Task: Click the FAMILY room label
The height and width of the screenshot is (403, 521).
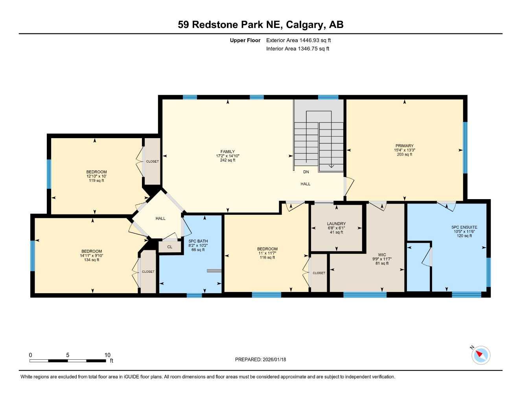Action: coord(227,152)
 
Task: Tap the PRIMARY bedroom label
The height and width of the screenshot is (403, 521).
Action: coord(404,146)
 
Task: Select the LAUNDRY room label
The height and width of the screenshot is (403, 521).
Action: coord(336,224)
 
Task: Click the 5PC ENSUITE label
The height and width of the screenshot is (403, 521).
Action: coord(464,227)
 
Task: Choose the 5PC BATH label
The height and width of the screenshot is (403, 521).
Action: coord(198,241)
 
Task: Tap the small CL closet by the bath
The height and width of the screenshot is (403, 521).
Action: coord(170,247)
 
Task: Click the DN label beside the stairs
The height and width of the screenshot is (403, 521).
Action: coord(306,172)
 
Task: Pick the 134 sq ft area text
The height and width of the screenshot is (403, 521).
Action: coord(92,260)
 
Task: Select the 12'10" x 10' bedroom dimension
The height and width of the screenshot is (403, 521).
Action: coord(96,176)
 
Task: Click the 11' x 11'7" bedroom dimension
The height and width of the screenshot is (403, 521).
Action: coord(267,253)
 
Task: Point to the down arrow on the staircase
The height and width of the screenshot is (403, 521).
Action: coord(331,166)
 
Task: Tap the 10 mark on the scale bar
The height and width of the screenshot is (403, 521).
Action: coord(107,355)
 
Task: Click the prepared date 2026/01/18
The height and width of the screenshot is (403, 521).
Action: coord(274,359)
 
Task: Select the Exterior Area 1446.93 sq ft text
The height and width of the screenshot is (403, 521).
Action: coord(298,40)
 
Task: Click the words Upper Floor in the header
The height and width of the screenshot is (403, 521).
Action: coord(245,40)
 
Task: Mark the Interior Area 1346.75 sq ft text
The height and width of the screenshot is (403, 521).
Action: coord(298,49)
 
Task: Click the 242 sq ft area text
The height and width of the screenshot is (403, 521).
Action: coord(227,160)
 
